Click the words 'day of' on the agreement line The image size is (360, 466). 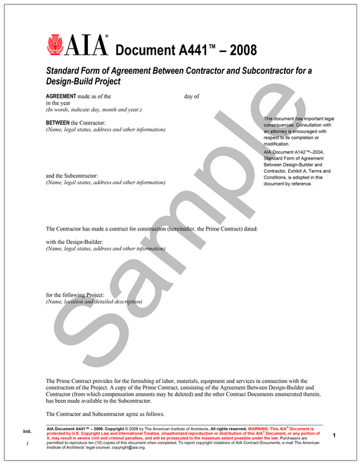[192, 96]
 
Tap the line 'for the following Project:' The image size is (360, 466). [75, 295]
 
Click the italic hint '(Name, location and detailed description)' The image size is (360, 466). [94, 302]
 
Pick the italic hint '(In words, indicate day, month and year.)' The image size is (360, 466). [94, 110]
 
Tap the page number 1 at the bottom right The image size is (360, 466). [334, 436]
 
